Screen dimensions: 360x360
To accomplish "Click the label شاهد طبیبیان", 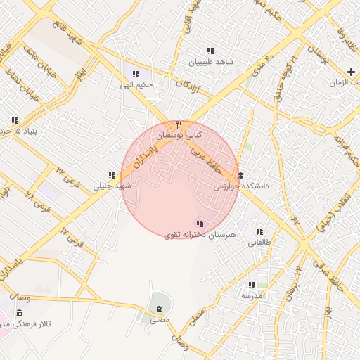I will (x=209, y=62).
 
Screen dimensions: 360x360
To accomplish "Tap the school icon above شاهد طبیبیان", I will (x=210, y=51).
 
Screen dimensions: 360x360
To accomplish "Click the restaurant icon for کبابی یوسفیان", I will (x=179, y=124).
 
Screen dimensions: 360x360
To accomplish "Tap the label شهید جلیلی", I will (x=112, y=186).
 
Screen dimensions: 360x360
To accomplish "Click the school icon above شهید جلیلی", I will (x=112, y=175).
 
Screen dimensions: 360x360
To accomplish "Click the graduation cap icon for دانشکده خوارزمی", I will (x=240, y=176).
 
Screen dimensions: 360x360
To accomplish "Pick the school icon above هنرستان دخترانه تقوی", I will (x=200, y=223).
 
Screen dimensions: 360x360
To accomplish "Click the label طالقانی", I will (x=259, y=243).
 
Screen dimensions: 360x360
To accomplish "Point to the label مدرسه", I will (x=252, y=296).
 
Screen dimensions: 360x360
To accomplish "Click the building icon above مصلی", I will (x=159, y=309).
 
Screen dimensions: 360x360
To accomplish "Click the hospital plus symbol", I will (x=351, y=72).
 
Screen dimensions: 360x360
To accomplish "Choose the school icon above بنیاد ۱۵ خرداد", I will (x=15, y=120).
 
